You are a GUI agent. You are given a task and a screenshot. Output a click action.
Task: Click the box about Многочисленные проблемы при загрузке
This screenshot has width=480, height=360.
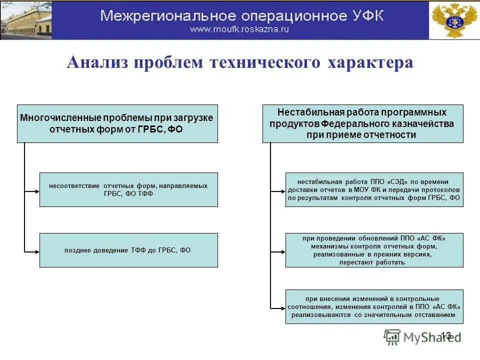(117, 123)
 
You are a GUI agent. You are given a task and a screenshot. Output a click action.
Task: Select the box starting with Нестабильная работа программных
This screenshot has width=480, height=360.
(362, 123)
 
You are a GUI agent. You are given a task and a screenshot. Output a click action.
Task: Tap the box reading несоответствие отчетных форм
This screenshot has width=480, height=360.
(128, 189)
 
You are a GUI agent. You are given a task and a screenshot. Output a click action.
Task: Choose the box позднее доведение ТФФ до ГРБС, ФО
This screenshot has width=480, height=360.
(128, 250)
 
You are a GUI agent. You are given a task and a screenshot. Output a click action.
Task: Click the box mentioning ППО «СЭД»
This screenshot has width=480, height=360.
(374, 189)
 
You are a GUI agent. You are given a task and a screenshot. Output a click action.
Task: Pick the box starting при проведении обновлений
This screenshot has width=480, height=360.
(374, 250)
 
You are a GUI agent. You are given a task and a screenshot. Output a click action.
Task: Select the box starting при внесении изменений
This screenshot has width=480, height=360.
(374, 306)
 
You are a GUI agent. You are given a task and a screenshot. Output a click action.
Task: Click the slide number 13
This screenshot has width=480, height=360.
(446, 335)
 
